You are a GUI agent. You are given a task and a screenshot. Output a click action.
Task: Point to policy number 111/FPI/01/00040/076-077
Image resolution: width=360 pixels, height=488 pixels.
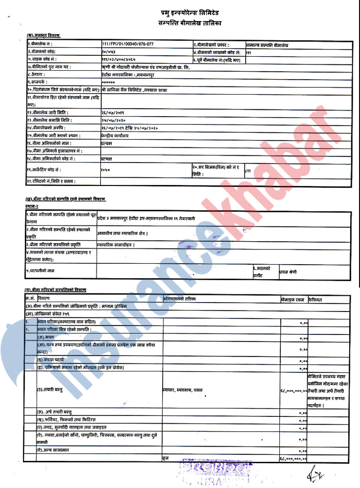(x=128, y=45)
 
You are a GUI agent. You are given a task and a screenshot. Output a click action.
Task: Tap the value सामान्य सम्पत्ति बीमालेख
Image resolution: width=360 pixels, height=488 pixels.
(x=267, y=45)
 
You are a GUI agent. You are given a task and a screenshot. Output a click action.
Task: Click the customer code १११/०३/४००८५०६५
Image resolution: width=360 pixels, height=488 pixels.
(x=118, y=59)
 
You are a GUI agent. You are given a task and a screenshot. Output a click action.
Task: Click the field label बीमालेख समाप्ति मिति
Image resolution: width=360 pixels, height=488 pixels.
(x=50, y=120)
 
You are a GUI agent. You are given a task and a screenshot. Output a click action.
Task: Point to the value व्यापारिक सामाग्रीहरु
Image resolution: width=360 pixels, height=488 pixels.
(x=116, y=244)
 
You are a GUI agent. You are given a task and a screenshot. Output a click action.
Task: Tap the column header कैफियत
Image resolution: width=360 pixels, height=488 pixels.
(x=315, y=299)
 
